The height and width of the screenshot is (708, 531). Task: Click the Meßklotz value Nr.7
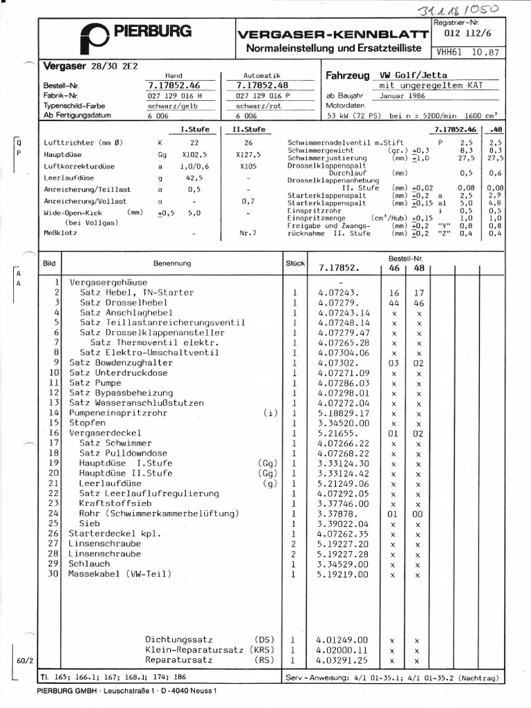pyautogui.click(x=248, y=234)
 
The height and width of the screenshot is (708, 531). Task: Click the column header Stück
pyautogui.click(x=295, y=263)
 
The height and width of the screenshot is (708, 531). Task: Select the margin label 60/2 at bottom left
pyautogui.click(x=24, y=660)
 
